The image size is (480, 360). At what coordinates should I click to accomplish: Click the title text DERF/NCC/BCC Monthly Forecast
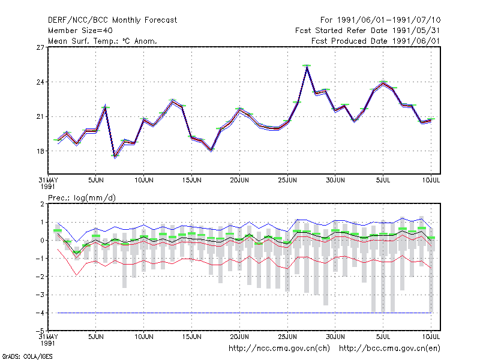112,20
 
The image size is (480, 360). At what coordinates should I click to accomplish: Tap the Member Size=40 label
80,31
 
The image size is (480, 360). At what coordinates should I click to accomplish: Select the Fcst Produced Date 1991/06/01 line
376,41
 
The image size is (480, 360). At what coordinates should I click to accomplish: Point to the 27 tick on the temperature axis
40,47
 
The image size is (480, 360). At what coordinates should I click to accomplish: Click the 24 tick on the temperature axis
40,82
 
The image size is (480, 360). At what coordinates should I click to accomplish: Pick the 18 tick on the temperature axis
40,151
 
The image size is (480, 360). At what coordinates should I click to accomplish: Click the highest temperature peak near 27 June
307,67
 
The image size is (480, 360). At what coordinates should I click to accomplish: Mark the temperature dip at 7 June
115,157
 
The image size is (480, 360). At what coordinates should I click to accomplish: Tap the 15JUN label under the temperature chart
191,181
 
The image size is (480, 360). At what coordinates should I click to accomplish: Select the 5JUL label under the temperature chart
383,181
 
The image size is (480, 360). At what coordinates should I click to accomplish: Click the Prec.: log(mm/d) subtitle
82,198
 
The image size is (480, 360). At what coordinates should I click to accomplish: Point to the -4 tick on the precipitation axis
40,313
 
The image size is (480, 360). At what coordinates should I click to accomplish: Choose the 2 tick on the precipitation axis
42,204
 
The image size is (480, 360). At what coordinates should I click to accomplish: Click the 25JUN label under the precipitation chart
287,337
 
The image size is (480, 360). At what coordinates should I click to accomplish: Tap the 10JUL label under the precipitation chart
431,337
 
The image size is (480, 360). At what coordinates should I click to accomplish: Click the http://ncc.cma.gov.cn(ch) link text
280,349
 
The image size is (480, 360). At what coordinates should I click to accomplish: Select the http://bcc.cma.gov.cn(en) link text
389,349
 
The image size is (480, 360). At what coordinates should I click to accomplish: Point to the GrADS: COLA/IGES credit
27,356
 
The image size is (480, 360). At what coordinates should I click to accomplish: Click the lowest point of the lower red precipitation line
77,275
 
